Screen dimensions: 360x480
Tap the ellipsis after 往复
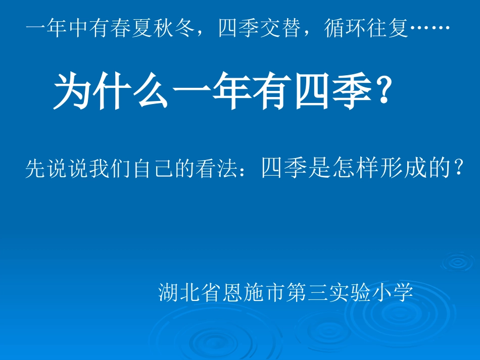click(x=429, y=30)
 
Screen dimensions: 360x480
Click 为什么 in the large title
click(x=111, y=91)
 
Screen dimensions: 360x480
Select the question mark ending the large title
click(x=383, y=91)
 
